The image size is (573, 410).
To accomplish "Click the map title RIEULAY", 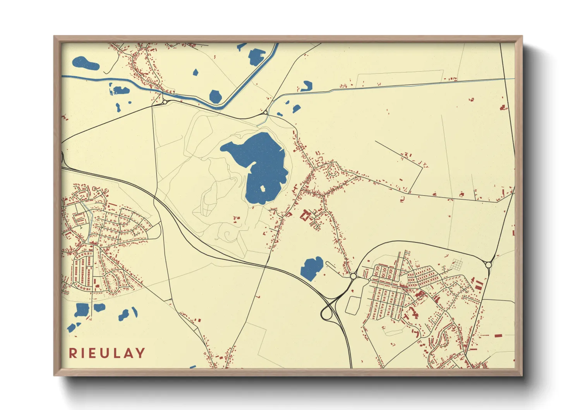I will click(x=107, y=353).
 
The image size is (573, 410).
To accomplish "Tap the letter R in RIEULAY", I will click(x=72, y=353).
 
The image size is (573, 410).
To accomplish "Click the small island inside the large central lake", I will click(x=262, y=189).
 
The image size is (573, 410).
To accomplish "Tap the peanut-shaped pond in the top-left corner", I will click(x=85, y=64).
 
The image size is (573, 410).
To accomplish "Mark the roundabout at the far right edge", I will click(x=488, y=265).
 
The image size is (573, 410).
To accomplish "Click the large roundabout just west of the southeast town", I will click(x=353, y=276).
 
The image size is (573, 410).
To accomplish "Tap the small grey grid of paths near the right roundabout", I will click(x=457, y=265).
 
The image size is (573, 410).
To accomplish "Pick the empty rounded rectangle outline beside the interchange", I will click(x=352, y=305).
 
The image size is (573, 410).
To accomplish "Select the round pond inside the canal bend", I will click(x=215, y=96).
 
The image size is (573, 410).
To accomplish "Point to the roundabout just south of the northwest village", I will click(x=165, y=102).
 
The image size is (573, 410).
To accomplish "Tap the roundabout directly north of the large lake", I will click(x=265, y=113).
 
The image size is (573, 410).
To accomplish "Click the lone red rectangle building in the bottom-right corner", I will click(x=498, y=335).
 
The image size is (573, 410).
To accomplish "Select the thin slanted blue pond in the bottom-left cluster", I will click(x=135, y=312).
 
